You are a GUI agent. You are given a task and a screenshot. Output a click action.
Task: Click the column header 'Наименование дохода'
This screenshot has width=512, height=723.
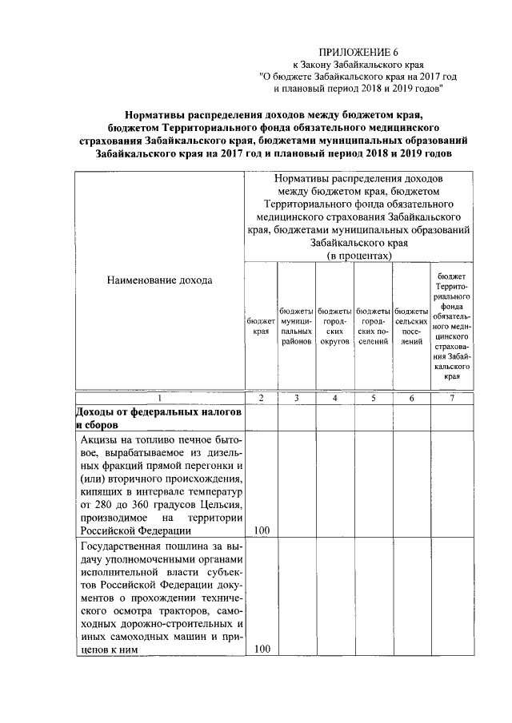tap(159, 280)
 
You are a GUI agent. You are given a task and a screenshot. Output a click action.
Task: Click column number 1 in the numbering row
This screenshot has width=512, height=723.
tap(159, 398)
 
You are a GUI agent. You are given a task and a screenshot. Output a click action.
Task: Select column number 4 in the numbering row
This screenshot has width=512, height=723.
tap(334, 398)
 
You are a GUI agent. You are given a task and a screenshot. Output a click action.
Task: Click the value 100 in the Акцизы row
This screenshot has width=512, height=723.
tap(261, 530)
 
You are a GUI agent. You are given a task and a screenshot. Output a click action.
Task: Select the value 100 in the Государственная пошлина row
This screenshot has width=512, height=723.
tap(261, 650)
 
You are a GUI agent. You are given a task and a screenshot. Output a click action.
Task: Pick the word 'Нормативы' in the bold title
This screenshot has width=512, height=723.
tap(159, 114)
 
